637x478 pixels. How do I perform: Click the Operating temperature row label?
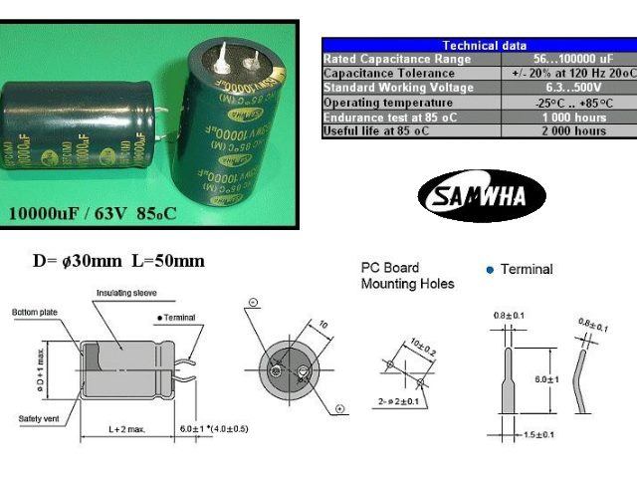tap(382, 103)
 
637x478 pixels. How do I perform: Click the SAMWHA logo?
tap(482, 195)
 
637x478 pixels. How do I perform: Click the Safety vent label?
tap(37, 417)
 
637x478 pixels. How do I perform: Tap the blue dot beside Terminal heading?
tap(489, 270)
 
